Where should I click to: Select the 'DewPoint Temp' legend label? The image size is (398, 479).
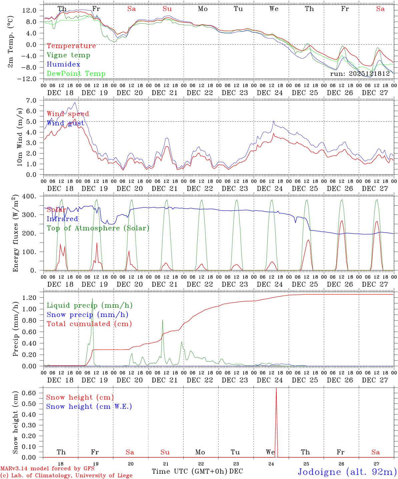tap(76, 74)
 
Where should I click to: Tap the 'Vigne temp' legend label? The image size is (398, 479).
tap(68, 55)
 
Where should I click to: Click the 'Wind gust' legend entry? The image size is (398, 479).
tap(65, 123)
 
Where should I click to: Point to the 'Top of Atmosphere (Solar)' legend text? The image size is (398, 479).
tap(98, 228)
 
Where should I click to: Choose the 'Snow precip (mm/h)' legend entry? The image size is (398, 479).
tap(87, 315)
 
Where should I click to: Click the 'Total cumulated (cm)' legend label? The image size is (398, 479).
tap(89, 324)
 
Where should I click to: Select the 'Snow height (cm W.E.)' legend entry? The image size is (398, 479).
tap(89, 406)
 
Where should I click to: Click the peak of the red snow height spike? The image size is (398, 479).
tap(276, 389)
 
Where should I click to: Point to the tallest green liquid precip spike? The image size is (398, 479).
tap(93, 299)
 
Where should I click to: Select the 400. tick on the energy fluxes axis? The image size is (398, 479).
tap(34, 196)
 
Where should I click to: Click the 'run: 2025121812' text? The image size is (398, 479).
tap(360, 74)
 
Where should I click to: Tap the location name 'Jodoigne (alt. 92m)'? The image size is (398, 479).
tap(347, 472)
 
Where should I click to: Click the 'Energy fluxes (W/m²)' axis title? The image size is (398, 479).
tap(15, 234)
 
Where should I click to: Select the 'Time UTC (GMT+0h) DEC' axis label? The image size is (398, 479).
tap(197, 471)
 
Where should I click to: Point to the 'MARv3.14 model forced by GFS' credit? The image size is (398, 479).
tap(47, 468)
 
